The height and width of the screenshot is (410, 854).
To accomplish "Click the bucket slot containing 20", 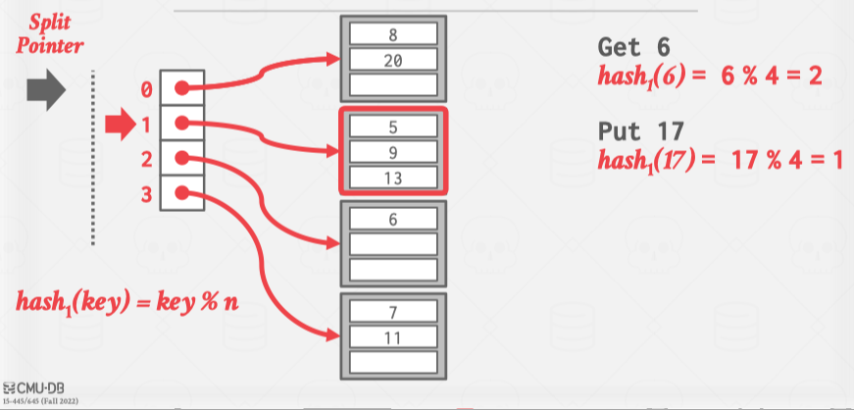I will (392, 61).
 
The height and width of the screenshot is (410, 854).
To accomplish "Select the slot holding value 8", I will (392, 36).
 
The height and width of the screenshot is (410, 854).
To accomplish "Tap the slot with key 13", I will (392, 178).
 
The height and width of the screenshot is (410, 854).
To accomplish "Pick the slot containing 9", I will (392, 153).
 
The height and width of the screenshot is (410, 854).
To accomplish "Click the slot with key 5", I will (392, 128).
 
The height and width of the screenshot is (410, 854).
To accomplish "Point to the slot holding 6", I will (392, 220).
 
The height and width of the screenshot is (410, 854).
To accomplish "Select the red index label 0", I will (146, 90).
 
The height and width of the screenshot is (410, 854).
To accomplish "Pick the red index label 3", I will (146, 193).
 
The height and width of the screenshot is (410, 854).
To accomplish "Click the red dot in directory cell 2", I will (181, 158).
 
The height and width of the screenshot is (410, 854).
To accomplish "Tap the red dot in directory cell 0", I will (181, 88).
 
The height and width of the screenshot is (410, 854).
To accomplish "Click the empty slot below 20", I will (392, 85).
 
